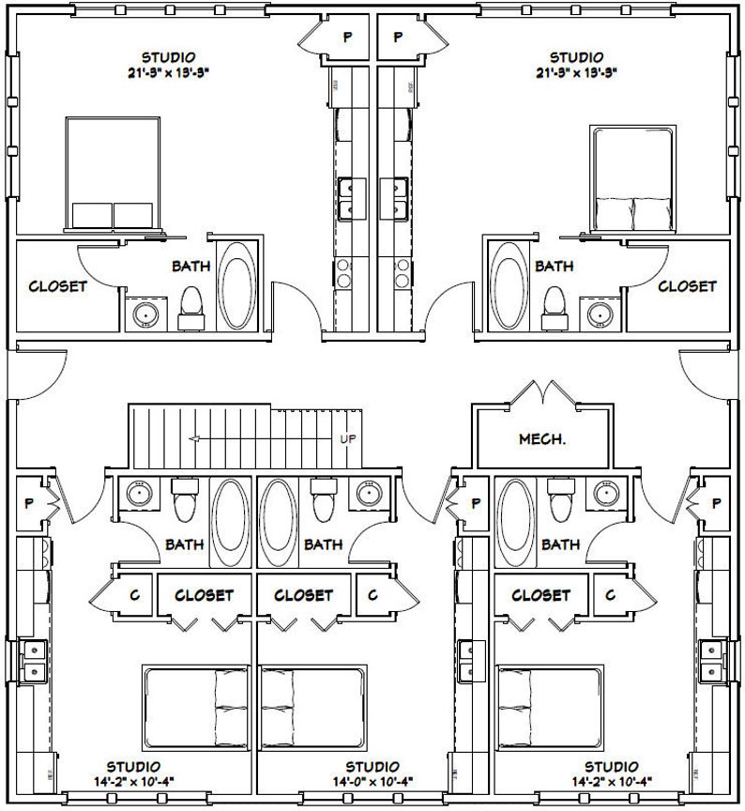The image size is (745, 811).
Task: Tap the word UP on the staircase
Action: tap(347, 438)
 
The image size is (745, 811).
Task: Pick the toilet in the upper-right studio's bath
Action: tap(554, 302)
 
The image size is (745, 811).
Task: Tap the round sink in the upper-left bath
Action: tap(144, 313)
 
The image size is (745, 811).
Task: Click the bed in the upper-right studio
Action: tap(632, 178)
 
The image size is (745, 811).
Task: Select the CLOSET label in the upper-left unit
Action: tap(57, 286)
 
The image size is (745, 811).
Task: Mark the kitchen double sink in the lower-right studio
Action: tap(712, 661)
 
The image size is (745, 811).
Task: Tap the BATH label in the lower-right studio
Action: tap(560, 543)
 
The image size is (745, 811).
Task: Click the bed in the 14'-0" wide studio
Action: tap(312, 702)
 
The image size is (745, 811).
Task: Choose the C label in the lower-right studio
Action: tap(610, 595)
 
